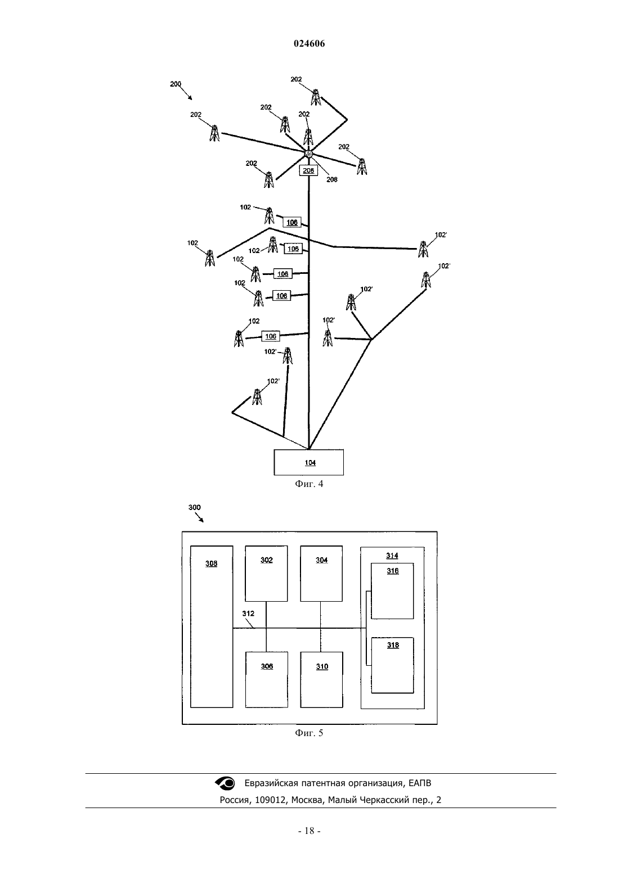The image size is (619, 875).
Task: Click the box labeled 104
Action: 309,462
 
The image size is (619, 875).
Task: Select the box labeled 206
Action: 308,170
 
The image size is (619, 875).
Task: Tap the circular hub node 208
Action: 309,154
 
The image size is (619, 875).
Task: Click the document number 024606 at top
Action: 309,43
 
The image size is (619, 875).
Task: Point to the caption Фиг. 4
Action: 309,484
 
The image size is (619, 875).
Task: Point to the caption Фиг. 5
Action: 309,733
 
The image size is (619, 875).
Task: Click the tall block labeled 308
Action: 212,626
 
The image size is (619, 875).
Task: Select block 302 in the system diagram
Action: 266,574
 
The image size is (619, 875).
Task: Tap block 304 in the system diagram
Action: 321,574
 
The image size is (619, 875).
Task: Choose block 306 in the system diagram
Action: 267,680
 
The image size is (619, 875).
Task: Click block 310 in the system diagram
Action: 322,680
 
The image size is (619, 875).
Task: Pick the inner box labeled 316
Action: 392,591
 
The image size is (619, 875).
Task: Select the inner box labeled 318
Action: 392,665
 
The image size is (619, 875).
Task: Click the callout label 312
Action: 248,614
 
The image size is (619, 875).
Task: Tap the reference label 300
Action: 195,507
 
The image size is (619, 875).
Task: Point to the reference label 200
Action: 176,84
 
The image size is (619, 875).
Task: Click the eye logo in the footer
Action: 225,783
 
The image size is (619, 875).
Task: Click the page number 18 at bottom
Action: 309,831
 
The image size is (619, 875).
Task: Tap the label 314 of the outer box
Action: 392,555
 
